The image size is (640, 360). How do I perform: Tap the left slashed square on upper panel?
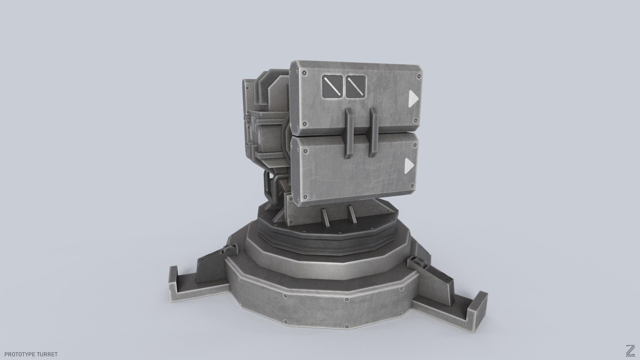point(333,88)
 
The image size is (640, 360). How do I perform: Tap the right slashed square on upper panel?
point(356,88)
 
